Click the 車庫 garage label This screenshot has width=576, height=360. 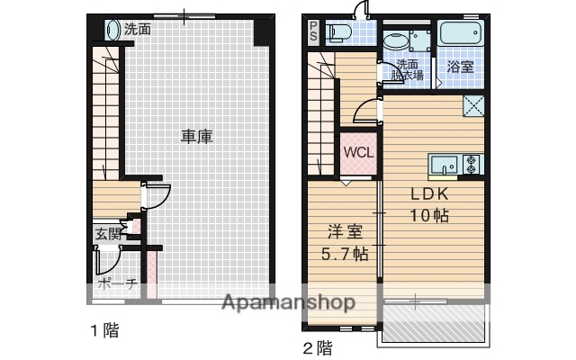tap(197, 137)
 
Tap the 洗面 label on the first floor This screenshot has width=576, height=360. tap(138, 29)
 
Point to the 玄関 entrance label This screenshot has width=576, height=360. tap(108, 235)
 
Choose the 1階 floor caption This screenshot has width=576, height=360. tap(103, 329)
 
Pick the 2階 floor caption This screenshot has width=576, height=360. tap(318, 346)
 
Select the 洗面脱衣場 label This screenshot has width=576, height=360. tap(408, 70)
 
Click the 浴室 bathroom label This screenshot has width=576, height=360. tap(461, 67)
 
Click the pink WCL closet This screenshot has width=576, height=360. tap(358, 152)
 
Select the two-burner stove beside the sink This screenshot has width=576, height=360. tap(472, 165)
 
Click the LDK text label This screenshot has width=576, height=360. tap(430, 193)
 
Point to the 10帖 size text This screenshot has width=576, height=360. tap(430, 216)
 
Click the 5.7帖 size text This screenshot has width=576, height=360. tap(345, 254)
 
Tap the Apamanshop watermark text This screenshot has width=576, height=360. tap(288, 302)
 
